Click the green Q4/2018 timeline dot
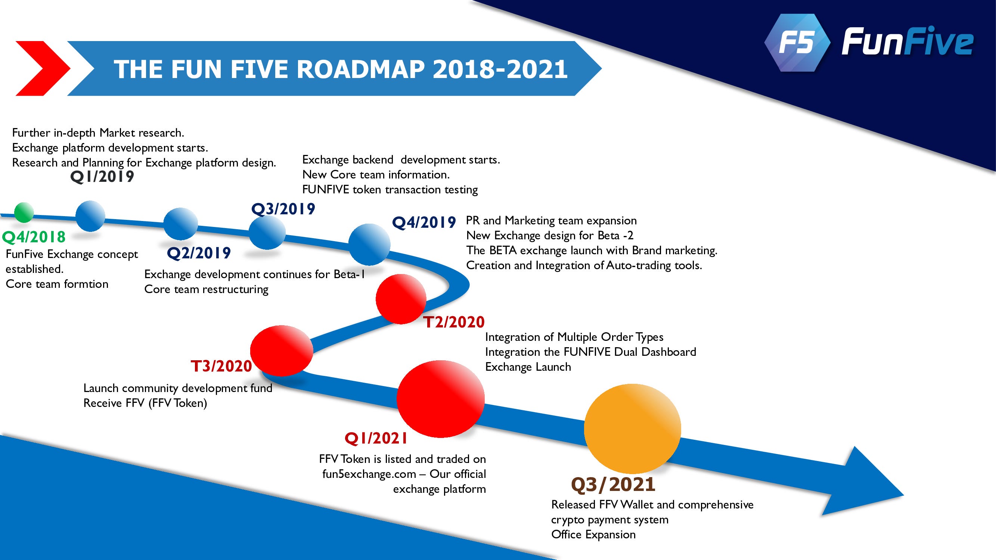coord(24,212)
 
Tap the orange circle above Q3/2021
coord(633,429)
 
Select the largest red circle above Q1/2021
coord(440,399)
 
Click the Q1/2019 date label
coord(102,177)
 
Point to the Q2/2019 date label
coord(199,253)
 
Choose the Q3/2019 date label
coord(283,209)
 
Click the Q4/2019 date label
coord(424,223)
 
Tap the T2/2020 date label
coord(454,322)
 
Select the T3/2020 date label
coord(221,366)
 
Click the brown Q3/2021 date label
coord(613,485)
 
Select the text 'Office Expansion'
coord(593,535)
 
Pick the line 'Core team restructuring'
coord(207,289)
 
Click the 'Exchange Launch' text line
coord(528,367)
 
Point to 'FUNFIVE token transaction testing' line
coord(390,190)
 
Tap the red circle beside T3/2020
coord(282,351)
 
